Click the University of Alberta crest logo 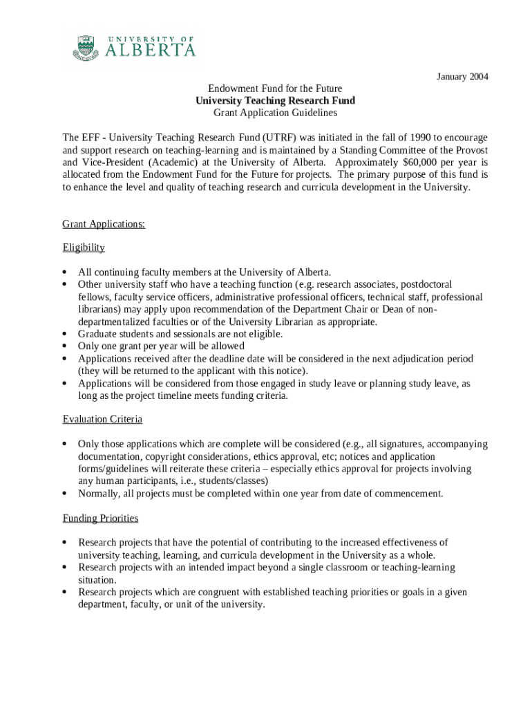[86, 48]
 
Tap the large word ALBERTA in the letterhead [150, 50]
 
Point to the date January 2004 [462, 77]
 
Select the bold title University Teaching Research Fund [275, 100]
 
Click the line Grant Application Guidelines [275, 113]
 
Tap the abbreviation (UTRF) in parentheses [260, 137]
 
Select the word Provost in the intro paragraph [469, 149]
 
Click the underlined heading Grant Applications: [104, 224]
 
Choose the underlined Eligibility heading [84, 248]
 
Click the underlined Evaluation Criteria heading [102, 419]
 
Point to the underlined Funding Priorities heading [100, 518]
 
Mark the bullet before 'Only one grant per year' [65, 346]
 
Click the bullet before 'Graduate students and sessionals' [65, 334]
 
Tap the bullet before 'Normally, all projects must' [65, 494]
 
